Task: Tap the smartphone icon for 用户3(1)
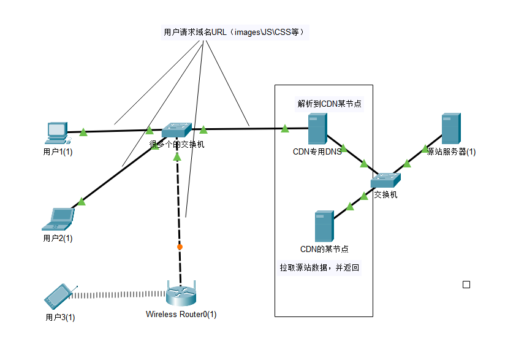(59, 296)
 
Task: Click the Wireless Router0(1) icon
(181, 293)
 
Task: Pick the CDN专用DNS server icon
(317, 131)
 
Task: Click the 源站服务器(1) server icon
(450, 129)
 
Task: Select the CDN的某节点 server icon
(324, 226)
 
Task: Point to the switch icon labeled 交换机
(385, 180)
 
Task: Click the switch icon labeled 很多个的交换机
(177, 130)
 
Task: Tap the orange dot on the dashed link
(180, 247)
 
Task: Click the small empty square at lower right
(466, 285)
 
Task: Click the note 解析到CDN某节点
(329, 104)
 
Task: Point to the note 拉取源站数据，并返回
(319, 268)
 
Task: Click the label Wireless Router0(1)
(181, 315)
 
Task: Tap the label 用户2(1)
(58, 238)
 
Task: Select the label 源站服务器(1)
(451, 151)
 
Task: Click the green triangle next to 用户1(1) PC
(83, 131)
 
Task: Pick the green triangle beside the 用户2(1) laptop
(82, 202)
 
